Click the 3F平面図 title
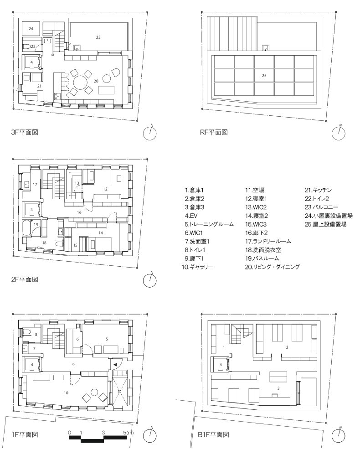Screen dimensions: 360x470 click(25, 132)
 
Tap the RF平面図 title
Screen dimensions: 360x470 click(214, 132)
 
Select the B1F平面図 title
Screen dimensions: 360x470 click(213, 434)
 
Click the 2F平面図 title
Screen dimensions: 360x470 click(25, 279)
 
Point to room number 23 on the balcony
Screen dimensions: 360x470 click(98, 37)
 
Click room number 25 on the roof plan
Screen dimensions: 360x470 click(264, 76)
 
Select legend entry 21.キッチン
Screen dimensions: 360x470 click(318, 190)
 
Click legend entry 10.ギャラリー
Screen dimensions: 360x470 click(197, 267)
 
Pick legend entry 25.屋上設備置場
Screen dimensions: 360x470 click(326, 224)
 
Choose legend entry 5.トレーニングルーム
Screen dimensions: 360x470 click(209, 224)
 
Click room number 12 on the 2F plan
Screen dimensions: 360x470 click(105, 189)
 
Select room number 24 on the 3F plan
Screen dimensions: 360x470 click(31, 28)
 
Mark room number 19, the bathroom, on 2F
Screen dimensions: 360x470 click(36, 224)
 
